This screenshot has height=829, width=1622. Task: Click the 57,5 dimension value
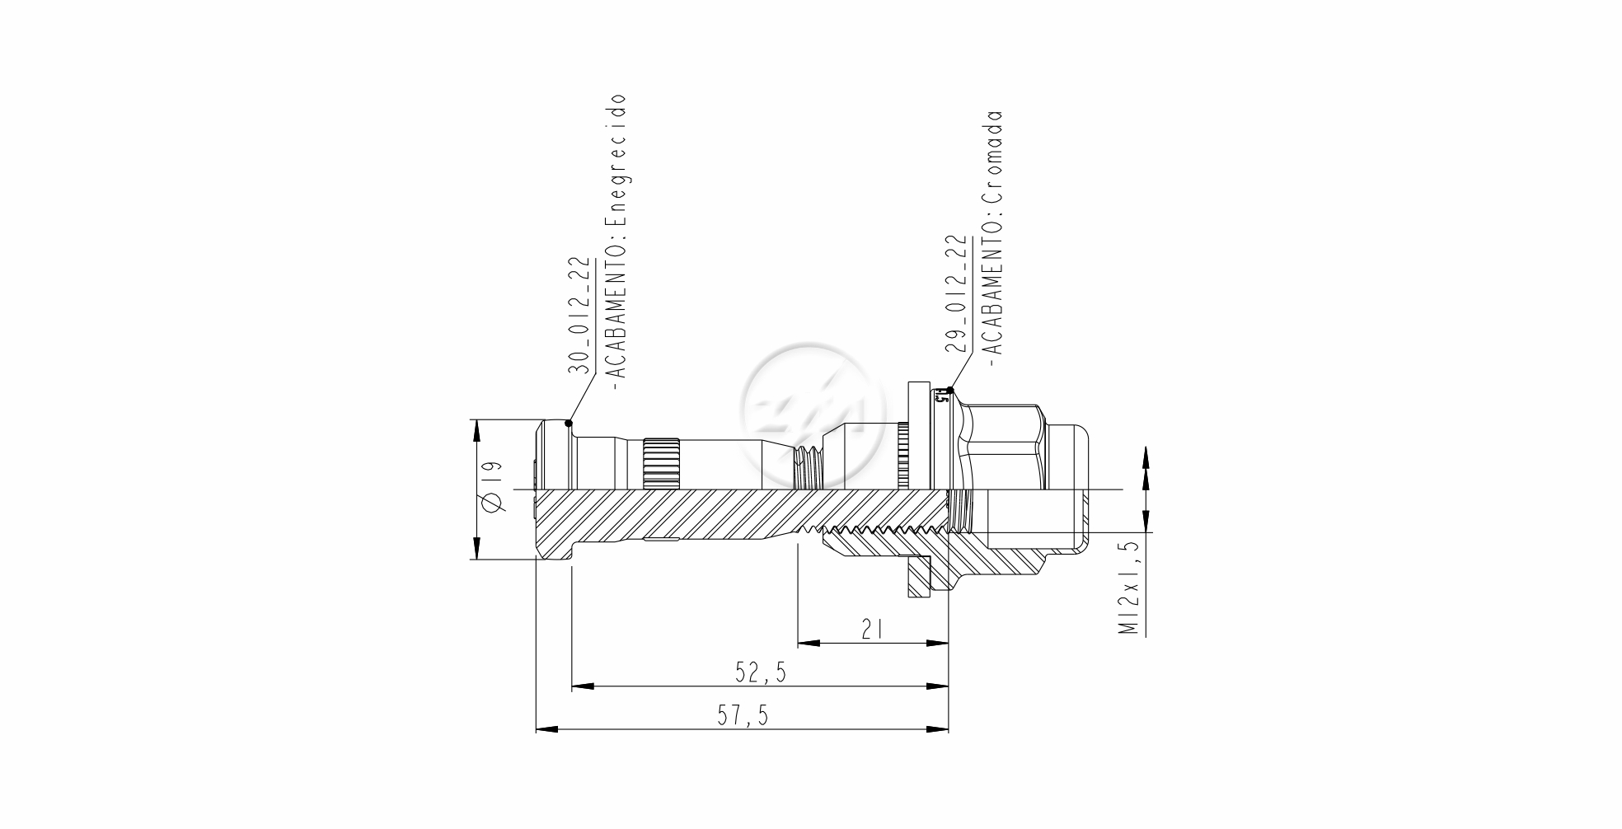click(x=742, y=715)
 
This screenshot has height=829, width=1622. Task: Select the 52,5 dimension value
click(x=761, y=673)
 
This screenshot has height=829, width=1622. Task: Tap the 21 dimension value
click(x=872, y=630)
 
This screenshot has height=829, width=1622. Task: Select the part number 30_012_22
click(x=580, y=316)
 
